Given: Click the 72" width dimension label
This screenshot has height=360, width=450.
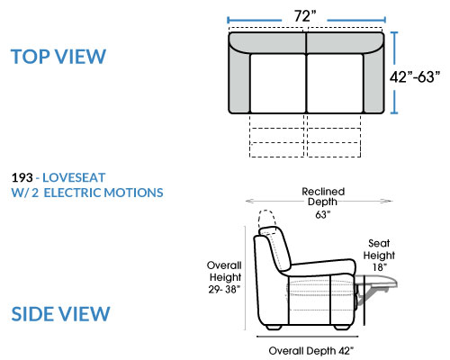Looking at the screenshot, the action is [x=305, y=16].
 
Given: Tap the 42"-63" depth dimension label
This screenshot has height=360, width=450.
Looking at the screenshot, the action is [x=415, y=76].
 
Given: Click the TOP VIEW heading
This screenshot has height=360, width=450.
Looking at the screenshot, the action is [x=58, y=57].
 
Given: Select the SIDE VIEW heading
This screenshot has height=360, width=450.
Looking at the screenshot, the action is [x=60, y=314].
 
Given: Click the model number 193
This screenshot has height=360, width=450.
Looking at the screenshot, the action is [x=22, y=177].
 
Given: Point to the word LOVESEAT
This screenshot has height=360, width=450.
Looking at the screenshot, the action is [x=74, y=177].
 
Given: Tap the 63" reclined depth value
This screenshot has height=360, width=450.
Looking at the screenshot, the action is [x=323, y=214].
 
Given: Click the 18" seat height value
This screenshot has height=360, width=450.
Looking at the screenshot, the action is [x=380, y=266].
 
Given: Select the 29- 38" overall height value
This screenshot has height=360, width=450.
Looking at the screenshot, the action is [x=224, y=289].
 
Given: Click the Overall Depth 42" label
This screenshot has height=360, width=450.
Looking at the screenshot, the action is [x=311, y=351].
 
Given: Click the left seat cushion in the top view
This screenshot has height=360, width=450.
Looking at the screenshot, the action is [x=277, y=84].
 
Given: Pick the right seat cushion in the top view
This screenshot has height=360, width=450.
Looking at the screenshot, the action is [x=335, y=84].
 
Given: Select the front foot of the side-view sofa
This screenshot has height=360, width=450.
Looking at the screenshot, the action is [x=342, y=328].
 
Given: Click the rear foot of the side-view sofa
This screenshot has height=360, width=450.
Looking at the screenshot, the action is [x=274, y=328].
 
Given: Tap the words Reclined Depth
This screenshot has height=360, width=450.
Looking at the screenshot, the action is [x=323, y=196].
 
